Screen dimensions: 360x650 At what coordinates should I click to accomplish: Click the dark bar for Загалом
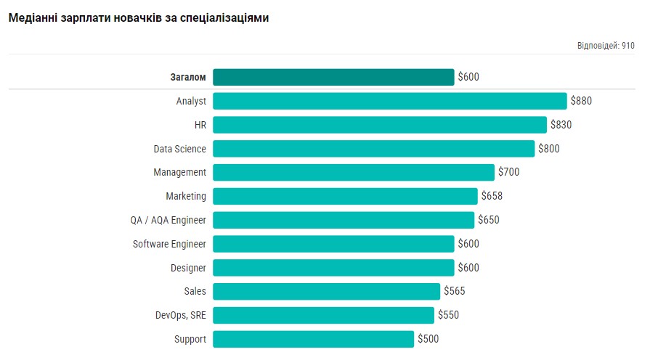click(333, 77)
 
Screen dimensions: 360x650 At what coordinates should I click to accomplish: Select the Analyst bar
click(389, 101)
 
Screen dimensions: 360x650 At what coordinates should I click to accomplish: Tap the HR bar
click(379, 125)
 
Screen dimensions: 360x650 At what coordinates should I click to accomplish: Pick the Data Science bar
click(373, 149)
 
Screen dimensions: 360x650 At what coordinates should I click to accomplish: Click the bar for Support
click(313, 339)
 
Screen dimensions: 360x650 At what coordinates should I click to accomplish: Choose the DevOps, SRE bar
click(323, 315)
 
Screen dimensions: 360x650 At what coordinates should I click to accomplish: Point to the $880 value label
click(581, 101)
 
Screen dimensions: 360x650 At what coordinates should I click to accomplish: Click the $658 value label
click(492, 196)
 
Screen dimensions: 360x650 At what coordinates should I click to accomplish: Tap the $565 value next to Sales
click(454, 291)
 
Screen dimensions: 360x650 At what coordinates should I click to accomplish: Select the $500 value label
click(428, 339)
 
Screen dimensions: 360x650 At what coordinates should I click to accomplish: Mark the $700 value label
click(508, 172)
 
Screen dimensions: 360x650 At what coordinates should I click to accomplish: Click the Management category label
click(179, 172)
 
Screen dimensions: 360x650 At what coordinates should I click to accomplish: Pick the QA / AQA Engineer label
click(168, 220)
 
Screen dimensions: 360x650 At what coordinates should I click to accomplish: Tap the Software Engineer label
click(169, 244)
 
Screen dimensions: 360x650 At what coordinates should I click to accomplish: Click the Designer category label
click(188, 268)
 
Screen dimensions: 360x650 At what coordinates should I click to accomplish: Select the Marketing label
click(186, 196)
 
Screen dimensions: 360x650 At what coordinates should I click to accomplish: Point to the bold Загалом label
click(188, 77)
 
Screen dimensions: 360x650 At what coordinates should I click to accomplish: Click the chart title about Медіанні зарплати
click(138, 18)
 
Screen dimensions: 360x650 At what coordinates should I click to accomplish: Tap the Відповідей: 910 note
click(606, 45)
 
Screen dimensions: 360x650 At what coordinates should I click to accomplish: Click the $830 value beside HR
click(561, 125)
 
